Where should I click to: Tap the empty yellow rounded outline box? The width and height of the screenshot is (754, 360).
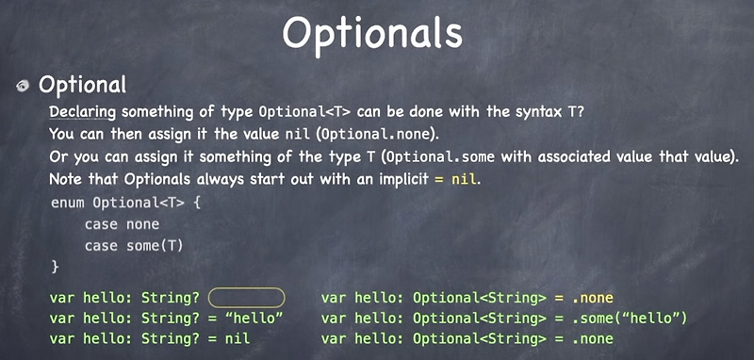tap(246, 298)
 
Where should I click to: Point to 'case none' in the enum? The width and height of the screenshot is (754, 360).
tap(122, 224)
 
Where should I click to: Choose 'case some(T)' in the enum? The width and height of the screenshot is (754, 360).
tap(133, 246)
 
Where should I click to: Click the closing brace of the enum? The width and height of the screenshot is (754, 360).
tap(54, 268)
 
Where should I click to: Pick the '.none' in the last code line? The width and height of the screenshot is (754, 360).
tap(592, 338)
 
